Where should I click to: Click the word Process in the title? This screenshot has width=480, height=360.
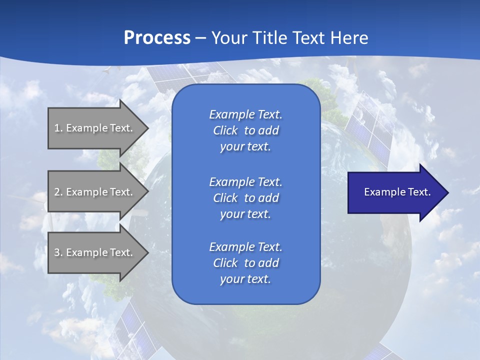coord(157,38)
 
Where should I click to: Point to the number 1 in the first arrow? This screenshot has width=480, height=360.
coord(57,128)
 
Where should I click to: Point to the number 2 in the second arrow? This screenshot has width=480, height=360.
coord(57,192)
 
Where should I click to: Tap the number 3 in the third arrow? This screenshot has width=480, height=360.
coord(57,252)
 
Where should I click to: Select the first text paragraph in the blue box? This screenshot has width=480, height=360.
coord(245,130)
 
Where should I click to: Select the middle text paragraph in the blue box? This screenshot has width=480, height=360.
coord(245,197)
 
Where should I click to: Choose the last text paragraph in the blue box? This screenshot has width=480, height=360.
coord(245,263)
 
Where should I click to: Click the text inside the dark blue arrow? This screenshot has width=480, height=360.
coord(397,192)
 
